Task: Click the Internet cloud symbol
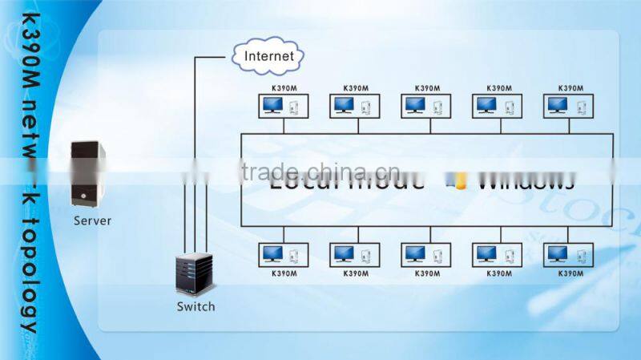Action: pos(268,56)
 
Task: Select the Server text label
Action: pos(92,220)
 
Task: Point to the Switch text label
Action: pos(196,306)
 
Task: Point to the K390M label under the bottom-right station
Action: pos(569,273)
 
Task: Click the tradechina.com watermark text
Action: pos(313,170)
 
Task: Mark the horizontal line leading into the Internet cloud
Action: pos(212,57)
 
